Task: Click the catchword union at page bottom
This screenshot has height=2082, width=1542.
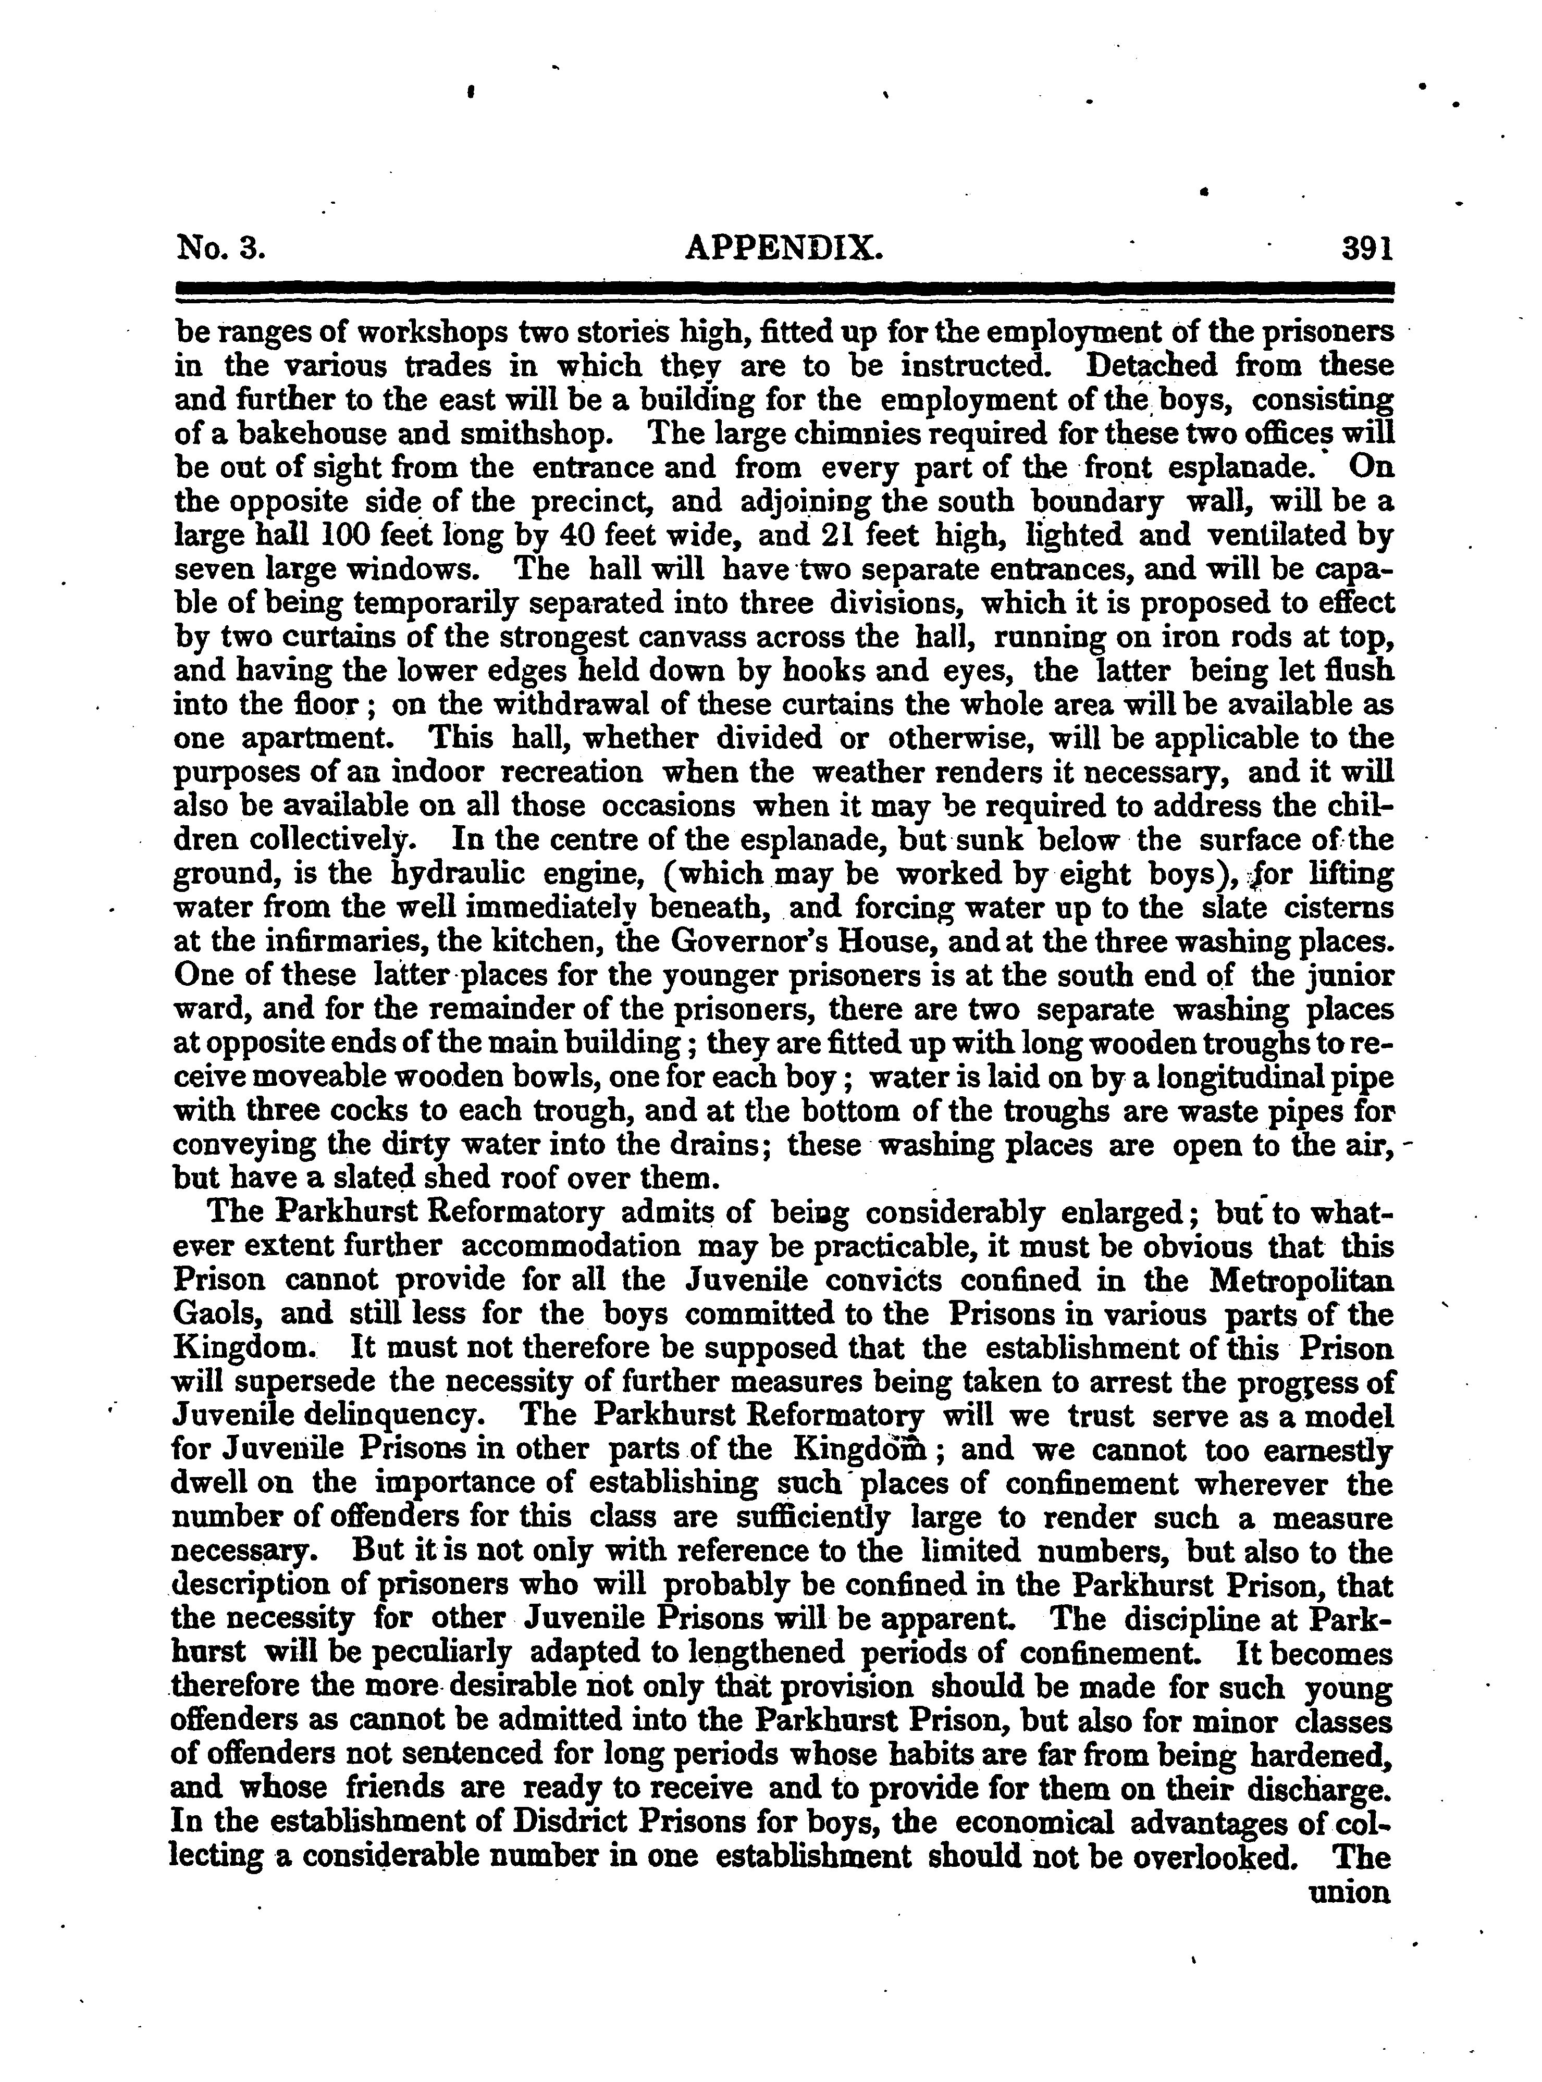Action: pyautogui.click(x=1352, y=1892)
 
